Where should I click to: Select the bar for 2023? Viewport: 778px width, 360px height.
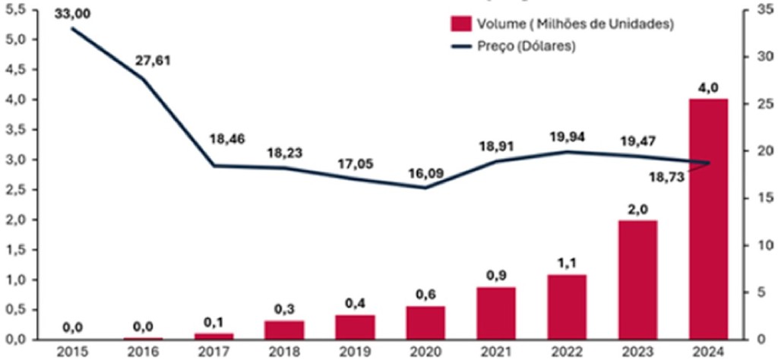(637, 279)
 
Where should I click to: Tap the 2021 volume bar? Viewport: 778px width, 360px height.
(497, 313)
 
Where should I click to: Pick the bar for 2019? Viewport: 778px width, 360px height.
(354, 327)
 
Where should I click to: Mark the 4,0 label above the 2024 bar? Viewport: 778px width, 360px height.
(708, 86)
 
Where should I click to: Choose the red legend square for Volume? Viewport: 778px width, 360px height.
(460, 24)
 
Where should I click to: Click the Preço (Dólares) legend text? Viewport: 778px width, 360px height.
(527, 46)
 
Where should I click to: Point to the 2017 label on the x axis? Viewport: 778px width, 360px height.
(214, 352)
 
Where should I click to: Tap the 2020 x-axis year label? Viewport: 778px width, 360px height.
(426, 352)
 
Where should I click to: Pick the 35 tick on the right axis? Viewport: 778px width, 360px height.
(764, 9)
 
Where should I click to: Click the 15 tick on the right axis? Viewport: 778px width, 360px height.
(764, 197)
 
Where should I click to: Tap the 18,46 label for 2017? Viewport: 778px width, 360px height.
(228, 140)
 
